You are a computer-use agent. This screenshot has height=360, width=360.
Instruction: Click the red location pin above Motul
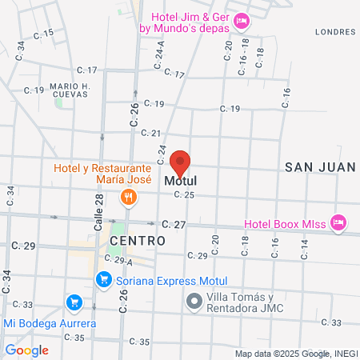(181, 162)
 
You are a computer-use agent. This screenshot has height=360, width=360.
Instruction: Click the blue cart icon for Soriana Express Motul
(102, 279)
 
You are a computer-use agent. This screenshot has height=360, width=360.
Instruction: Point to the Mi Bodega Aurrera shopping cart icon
(74, 302)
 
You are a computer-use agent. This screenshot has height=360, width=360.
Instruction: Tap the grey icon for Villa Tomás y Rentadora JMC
(194, 302)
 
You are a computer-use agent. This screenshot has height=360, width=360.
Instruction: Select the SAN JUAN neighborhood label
(319, 166)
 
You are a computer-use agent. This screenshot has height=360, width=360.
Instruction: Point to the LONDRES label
(335, 32)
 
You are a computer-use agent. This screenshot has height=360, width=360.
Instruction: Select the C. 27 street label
(173, 225)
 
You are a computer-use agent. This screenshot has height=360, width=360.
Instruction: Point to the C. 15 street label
(44, 34)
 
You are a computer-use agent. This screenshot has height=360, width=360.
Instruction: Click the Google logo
(26, 350)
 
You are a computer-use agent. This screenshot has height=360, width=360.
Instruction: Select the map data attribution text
(295, 353)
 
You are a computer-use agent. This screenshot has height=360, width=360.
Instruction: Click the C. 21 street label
(150, 134)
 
